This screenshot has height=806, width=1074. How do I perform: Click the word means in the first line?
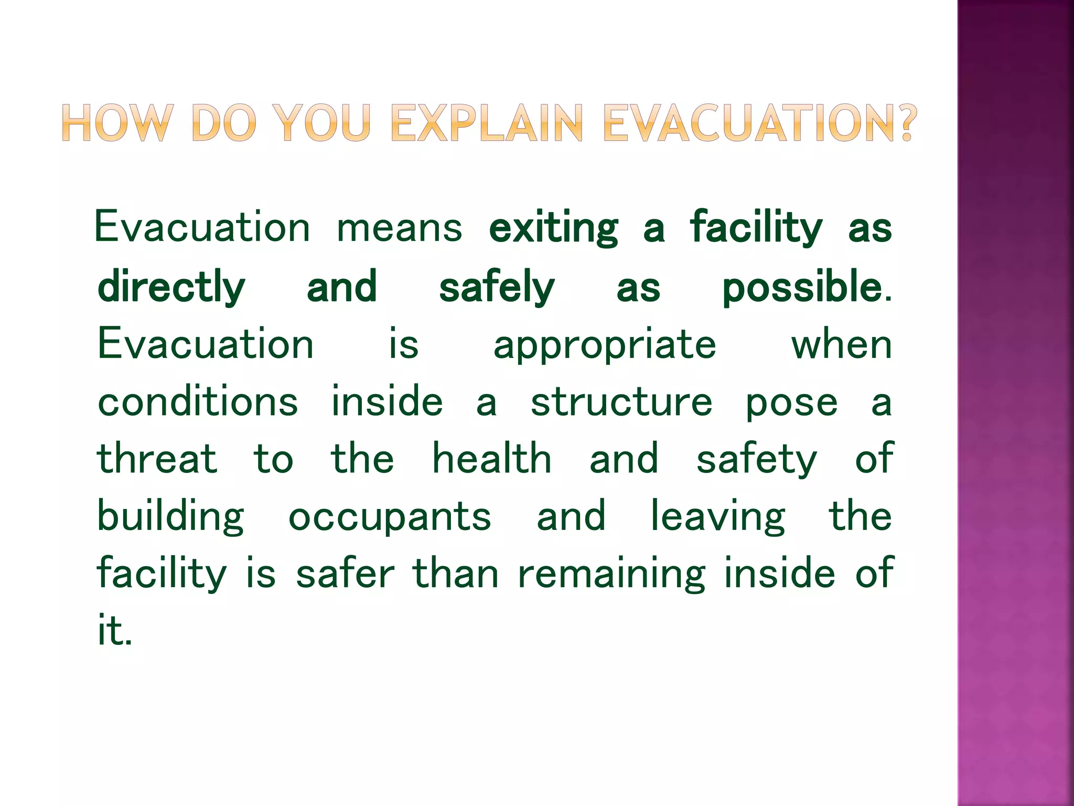coord(399,228)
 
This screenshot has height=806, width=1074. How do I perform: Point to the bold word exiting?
coord(553,228)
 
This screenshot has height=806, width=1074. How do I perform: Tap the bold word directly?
coord(171,288)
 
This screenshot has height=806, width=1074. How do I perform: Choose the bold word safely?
coord(496,288)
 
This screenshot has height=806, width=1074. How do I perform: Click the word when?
coord(841,345)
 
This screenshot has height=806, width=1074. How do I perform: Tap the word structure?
coord(621,403)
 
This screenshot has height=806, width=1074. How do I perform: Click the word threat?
coord(157,459)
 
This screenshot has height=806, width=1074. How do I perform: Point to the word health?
coord(491,459)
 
